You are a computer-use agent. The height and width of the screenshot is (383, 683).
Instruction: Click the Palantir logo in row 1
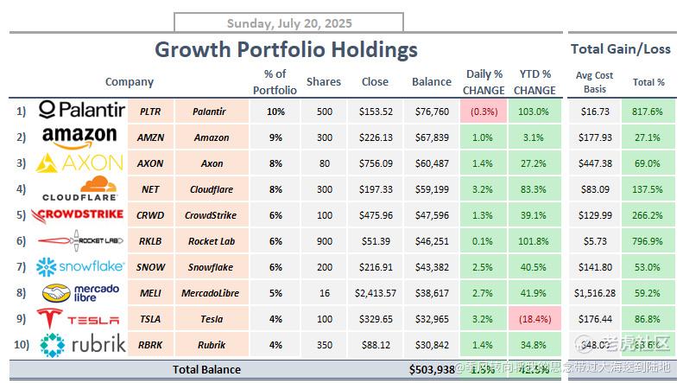pyautogui.click(x=82, y=111)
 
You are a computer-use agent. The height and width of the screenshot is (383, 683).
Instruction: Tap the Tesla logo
pyautogui.click(x=82, y=319)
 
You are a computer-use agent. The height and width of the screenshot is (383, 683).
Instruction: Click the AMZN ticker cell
pyautogui.click(x=151, y=137)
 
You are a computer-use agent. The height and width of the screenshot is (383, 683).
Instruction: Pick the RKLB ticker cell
pyautogui.click(x=151, y=241)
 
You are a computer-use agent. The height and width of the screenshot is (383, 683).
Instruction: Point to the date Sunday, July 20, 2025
pyautogui.click(x=288, y=23)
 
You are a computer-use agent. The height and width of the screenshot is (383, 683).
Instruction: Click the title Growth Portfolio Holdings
pyautogui.click(x=286, y=49)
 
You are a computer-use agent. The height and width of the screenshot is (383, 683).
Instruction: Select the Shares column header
pyautogui.click(x=324, y=82)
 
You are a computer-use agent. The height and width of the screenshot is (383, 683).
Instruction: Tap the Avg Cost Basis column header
pyautogui.click(x=594, y=82)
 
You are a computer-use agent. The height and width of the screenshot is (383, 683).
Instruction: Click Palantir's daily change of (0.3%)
pyautogui.click(x=484, y=112)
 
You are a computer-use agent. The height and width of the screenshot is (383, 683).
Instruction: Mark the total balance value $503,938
pyautogui.click(x=432, y=370)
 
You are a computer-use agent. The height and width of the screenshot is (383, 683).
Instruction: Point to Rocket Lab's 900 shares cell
pyautogui.click(x=324, y=241)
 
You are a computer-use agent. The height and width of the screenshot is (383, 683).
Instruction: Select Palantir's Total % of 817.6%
pyautogui.click(x=648, y=112)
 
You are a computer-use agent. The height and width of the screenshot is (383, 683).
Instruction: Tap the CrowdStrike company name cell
pyautogui.click(x=211, y=215)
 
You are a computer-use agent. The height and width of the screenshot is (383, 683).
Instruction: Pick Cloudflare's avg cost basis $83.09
pyautogui.click(x=594, y=189)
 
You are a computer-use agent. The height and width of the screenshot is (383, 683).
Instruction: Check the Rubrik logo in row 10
pyautogui.click(x=82, y=344)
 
